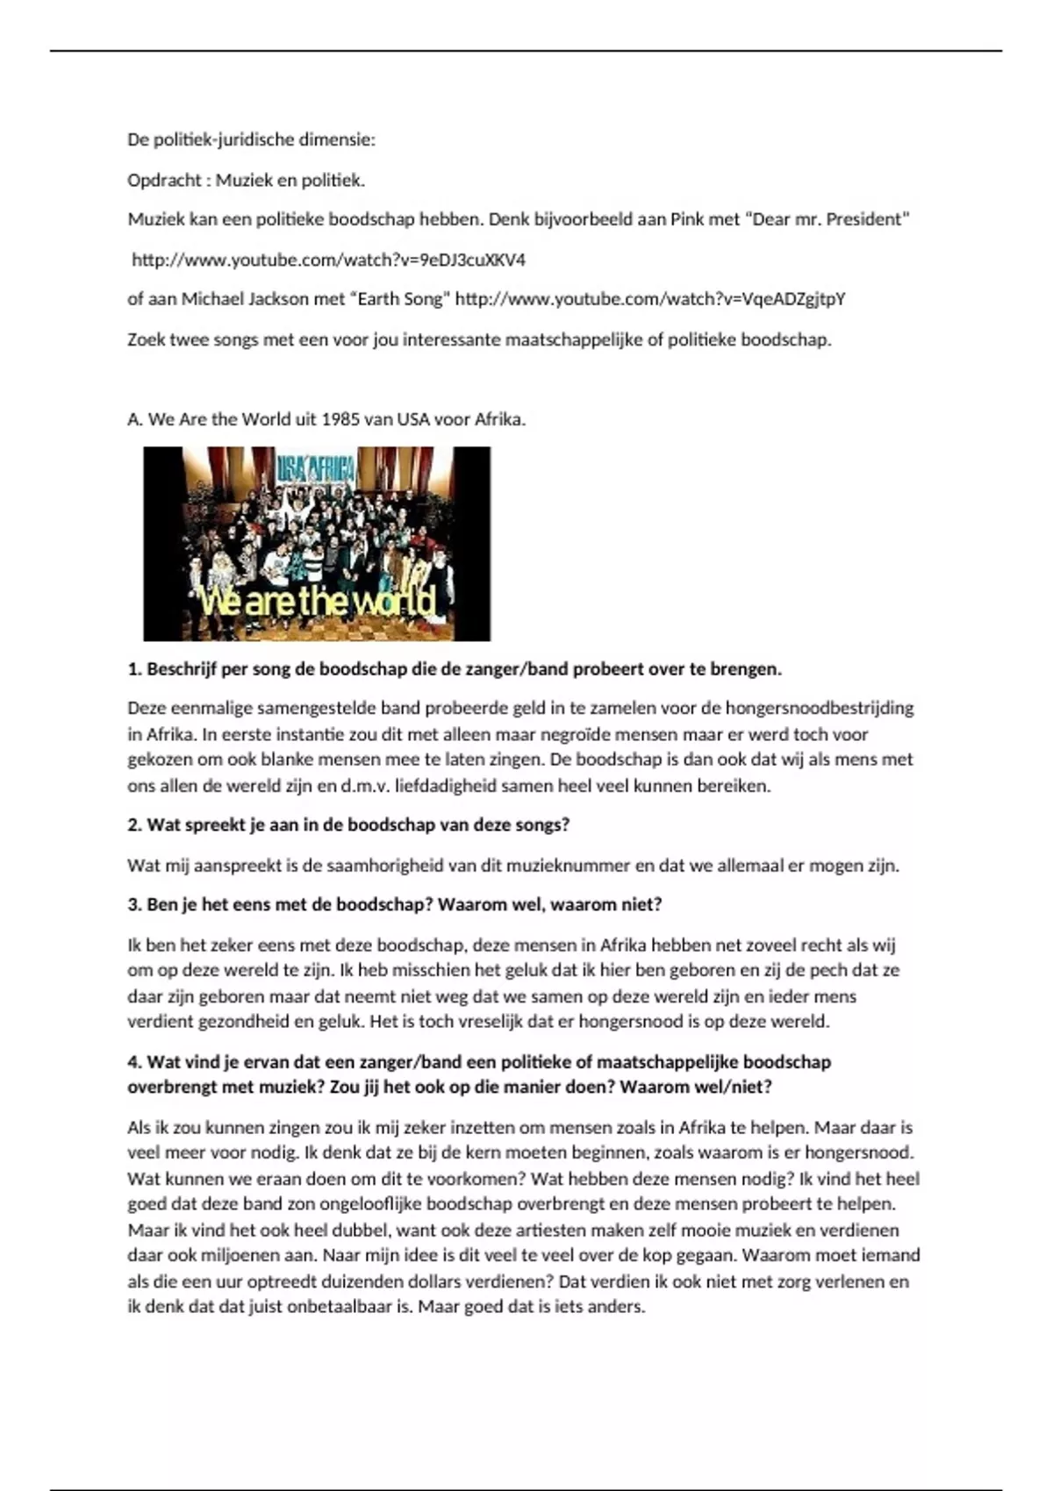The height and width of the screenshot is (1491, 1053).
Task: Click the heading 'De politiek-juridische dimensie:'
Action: (x=251, y=139)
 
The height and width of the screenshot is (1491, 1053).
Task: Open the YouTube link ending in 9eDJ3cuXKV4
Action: (x=328, y=260)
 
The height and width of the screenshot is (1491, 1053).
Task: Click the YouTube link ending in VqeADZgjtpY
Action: (x=650, y=299)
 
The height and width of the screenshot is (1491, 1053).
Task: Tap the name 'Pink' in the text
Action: (x=687, y=219)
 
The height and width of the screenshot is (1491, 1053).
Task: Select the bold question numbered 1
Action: (x=455, y=669)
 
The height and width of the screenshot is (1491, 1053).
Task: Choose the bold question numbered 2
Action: (x=348, y=825)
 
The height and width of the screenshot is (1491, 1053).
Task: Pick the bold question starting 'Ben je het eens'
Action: (x=394, y=904)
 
